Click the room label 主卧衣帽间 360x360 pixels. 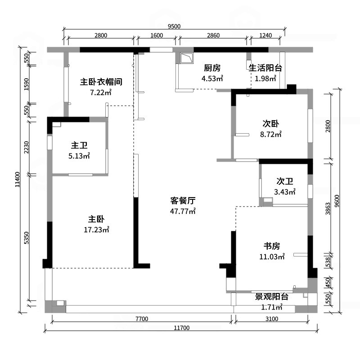[101, 82]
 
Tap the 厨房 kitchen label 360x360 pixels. [212, 68]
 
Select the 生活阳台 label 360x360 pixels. [265, 68]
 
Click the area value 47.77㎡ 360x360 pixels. [183, 211]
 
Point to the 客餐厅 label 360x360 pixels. [183, 200]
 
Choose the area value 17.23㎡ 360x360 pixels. [96, 229]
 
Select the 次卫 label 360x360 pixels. [285, 181]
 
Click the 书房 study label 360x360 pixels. [272, 246]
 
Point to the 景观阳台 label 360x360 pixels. [272, 297]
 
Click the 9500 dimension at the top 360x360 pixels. [174, 26]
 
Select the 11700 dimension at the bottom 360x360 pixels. [182, 328]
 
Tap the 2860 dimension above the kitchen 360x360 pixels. [213, 36]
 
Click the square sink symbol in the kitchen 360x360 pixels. [186, 58]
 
